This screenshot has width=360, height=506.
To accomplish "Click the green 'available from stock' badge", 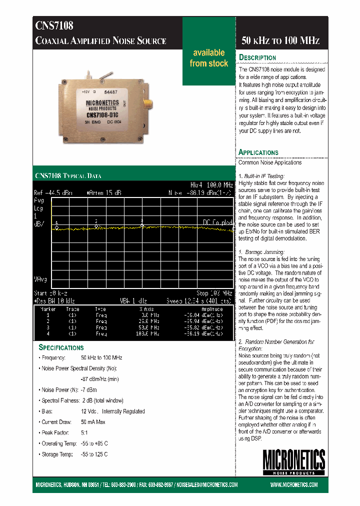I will tap(209, 58).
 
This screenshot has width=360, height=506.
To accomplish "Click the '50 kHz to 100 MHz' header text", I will tap(280, 41).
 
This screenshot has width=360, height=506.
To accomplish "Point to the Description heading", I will tap(257, 57).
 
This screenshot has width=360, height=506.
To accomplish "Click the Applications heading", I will tap(258, 152).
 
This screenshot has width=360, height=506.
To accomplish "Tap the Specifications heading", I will tap(61, 347).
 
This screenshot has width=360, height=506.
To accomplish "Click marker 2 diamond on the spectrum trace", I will tap(96, 226).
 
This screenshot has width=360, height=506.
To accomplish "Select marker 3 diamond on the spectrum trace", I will tap(142, 225).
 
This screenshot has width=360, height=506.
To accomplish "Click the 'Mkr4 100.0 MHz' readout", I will tap(212, 184).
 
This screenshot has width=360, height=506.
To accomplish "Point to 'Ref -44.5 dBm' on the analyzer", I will tap(53, 192).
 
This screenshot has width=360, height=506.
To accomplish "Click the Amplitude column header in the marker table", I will tap(211, 309).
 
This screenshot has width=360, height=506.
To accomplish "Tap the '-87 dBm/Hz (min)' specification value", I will tap(99, 379).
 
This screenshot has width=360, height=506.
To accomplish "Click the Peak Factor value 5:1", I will tap(84, 432).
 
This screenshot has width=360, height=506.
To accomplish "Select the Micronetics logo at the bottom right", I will tap(294, 462).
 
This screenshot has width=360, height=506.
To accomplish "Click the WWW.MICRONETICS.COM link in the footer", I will tap(294, 485).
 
